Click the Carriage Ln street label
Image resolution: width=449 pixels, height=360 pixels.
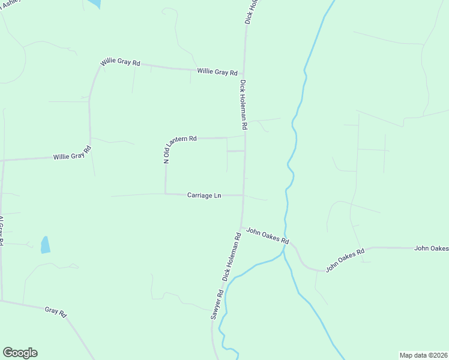tap(204, 195)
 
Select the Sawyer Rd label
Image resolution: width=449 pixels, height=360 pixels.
tap(217, 305)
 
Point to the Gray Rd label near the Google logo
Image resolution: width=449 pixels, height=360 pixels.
tap(55, 311)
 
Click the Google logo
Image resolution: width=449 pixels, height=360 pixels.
tap(20, 353)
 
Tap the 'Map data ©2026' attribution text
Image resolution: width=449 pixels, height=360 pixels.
tap(423, 355)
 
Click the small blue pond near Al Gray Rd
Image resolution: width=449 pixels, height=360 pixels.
tap(45, 245)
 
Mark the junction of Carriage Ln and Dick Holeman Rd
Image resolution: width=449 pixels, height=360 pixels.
tap(243, 195)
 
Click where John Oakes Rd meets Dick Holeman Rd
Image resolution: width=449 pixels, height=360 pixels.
tap(241, 227)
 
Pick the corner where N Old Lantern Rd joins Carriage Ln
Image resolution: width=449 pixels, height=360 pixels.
tap(166, 193)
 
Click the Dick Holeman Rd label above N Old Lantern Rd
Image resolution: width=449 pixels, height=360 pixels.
tap(244, 105)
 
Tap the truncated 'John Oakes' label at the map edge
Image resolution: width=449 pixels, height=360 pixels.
tap(431, 248)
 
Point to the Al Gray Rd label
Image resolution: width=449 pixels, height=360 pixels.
tap(1, 230)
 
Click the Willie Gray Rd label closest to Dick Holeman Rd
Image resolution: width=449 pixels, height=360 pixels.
tap(217, 71)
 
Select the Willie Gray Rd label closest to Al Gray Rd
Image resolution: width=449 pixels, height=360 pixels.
tap(71, 156)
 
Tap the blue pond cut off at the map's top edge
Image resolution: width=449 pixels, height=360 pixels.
tap(94, 3)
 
